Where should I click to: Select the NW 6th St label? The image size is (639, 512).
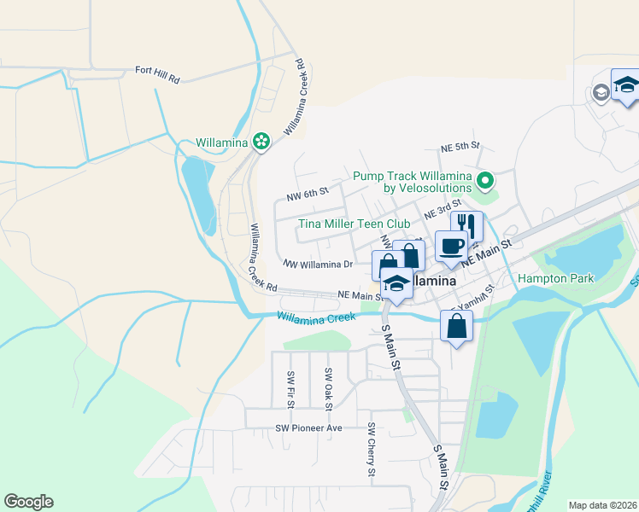tap(308, 195)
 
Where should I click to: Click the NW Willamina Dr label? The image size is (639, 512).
tap(318, 265)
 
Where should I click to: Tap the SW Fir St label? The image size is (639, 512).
tap(291, 387)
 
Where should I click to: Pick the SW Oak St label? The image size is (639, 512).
tap(327, 386)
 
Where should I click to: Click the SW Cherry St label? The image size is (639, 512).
tap(372, 449)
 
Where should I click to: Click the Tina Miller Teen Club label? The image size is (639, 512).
tap(354, 224)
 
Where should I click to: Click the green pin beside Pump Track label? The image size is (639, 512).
tap(485, 180)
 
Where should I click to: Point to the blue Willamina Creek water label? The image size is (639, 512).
tap(316, 317)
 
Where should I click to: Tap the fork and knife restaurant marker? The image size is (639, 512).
tap(466, 226)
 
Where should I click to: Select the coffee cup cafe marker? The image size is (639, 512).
tap(451, 247)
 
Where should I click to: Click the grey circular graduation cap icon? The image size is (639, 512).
tap(601, 92)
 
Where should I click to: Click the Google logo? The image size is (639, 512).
tap(28, 502)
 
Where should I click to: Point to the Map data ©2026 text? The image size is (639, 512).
tap(601, 505)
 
